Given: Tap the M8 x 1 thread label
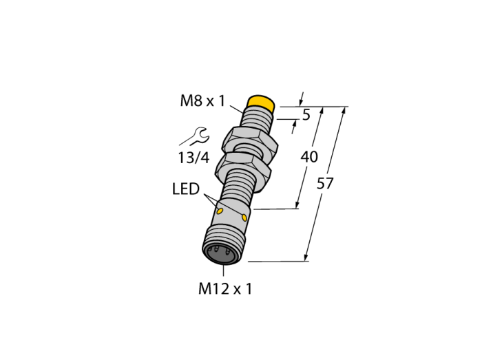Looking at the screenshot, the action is coord(203,100).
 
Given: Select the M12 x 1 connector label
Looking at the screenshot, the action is coord(225,288).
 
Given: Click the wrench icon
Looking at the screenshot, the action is coord(195,136).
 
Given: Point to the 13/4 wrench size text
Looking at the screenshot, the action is coord(193,158).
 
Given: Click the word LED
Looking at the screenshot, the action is coord(186,189).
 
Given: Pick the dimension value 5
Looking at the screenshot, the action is coord(306,115).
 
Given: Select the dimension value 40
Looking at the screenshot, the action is coord(309,157).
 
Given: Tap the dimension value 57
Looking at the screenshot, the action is coord(325,184).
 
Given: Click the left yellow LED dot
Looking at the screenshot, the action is coord(220,211).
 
